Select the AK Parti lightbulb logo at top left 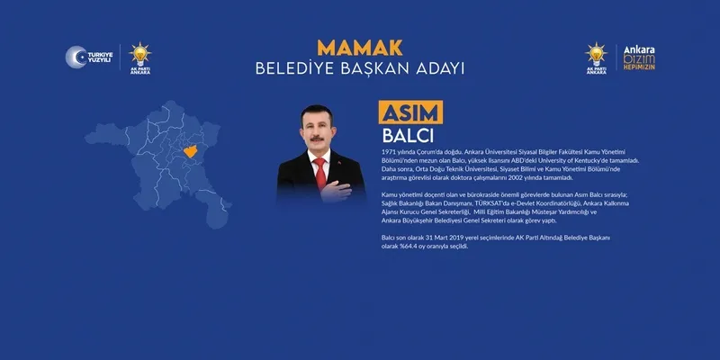point(140,57)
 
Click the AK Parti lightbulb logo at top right point(597,57)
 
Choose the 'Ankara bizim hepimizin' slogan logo point(640,58)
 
